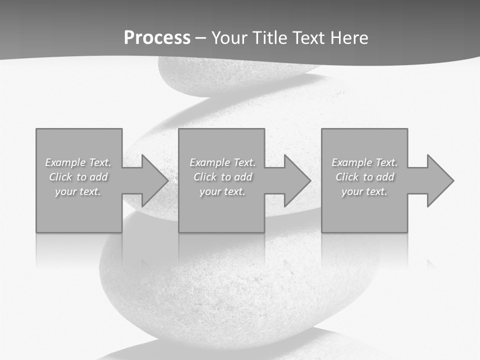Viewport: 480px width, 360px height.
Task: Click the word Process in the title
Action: tap(157, 38)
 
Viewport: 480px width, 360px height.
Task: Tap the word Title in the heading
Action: tap(271, 38)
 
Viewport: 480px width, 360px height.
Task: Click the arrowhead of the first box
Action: tap(154, 180)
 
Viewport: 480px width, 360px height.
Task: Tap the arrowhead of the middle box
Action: tap(296, 180)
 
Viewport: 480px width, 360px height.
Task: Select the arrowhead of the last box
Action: tap(439, 180)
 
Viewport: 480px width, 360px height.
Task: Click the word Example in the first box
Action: tap(65, 162)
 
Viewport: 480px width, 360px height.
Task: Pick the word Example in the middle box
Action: tap(209, 162)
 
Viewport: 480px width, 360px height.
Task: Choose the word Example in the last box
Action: tap(351, 162)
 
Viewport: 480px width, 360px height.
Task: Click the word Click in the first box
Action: tap(60, 177)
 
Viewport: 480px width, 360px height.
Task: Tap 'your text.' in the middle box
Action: tap(222, 191)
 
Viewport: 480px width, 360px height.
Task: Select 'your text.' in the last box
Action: tap(364, 191)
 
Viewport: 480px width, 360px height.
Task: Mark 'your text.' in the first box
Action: tap(78, 191)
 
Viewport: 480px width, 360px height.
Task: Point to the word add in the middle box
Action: tap(243, 177)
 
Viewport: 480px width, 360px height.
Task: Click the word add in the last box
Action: tap(385, 177)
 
